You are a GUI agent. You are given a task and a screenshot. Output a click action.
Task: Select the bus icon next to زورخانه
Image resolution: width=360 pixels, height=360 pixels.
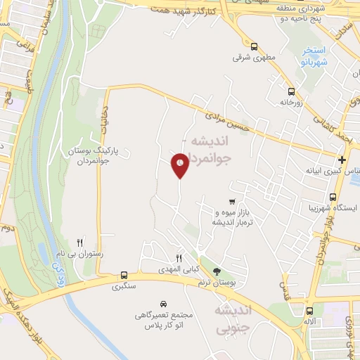click(x=291, y=91)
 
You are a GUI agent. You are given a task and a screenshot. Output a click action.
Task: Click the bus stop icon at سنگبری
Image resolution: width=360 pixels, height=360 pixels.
click(x=124, y=275)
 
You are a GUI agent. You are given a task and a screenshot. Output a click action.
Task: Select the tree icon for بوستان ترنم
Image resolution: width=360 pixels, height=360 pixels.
click(x=217, y=271)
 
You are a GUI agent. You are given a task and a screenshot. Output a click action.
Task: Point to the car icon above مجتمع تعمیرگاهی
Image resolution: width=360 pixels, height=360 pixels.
click(x=163, y=304)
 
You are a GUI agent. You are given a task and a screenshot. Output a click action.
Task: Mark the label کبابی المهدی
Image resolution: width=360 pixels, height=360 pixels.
click(x=178, y=269)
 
